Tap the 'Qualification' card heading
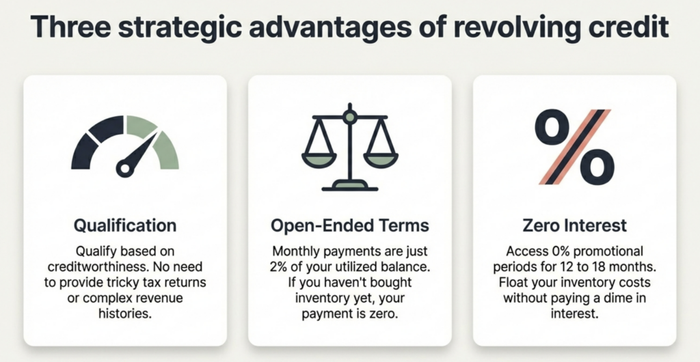[x=125, y=225]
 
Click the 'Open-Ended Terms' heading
[x=349, y=225]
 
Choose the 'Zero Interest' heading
[x=574, y=225]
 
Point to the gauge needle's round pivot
[x=125, y=169]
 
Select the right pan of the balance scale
[x=380, y=160]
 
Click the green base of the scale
[x=350, y=184]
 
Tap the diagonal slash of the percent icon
[x=575, y=147]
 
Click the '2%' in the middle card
[x=278, y=266]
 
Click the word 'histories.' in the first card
[x=125, y=313]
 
